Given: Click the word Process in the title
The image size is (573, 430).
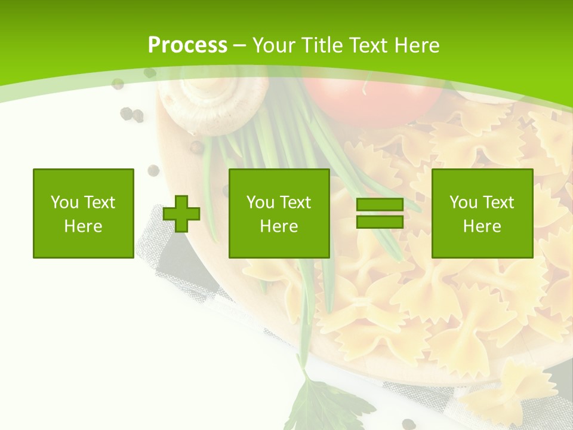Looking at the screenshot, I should pyautogui.click(x=187, y=45).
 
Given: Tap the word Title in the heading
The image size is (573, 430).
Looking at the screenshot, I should pyautogui.click(x=322, y=45).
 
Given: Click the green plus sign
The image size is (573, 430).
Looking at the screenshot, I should pyautogui.click(x=181, y=214).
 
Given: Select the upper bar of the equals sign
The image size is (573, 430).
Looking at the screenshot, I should pyautogui.click(x=380, y=204).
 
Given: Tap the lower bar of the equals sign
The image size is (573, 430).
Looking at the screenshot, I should pyautogui.click(x=380, y=222).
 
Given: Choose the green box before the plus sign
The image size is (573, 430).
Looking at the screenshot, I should pyautogui.click(x=84, y=213).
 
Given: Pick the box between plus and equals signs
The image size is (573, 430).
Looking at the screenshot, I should pyautogui.click(x=279, y=213).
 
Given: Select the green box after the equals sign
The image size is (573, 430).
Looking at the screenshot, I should pyautogui.click(x=482, y=213).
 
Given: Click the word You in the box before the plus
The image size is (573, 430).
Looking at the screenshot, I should pyautogui.click(x=64, y=202).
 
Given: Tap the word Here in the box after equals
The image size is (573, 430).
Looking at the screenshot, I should pyautogui.click(x=482, y=226).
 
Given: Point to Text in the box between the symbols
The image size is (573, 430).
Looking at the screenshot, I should pyautogui.click(x=295, y=202).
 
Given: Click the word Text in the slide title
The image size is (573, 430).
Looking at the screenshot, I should pyautogui.click(x=368, y=45).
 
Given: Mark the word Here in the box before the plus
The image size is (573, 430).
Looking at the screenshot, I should pyautogui.click(x=84, y=226).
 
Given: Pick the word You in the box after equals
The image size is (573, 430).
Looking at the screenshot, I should pyautogui.click(x=463, y=202).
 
